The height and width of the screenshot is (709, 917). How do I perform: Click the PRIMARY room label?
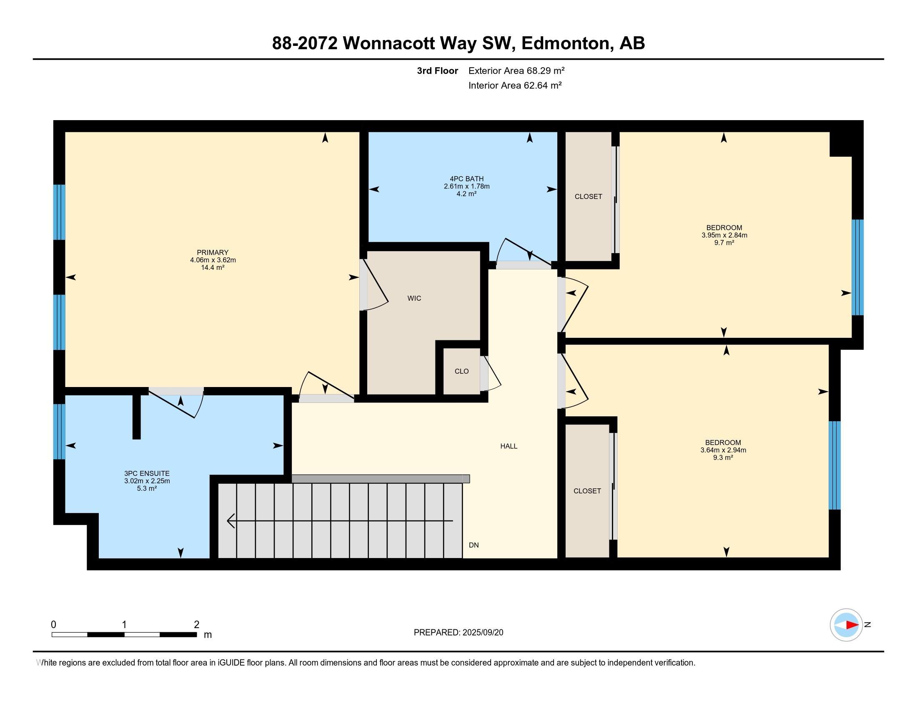point(213,252)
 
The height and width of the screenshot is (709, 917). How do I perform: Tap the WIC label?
point(414,298)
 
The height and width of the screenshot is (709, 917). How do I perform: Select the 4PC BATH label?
point(466,179)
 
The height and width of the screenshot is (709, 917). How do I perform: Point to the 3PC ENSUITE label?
point(147,473)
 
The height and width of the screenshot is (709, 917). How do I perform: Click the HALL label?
point(509,446)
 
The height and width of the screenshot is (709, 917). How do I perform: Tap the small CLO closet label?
point(461,371)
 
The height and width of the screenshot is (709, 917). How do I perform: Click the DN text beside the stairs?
point(474,545)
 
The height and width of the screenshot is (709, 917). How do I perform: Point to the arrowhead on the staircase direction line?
point(231,521)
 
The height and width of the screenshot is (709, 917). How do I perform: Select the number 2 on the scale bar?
point(196,625)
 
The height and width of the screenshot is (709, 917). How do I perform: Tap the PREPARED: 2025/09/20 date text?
point(458,633)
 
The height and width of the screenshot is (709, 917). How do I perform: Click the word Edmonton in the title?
point(566,43)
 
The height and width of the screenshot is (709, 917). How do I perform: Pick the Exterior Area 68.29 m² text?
point(516,70)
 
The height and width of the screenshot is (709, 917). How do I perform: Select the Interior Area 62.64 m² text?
point(515,85)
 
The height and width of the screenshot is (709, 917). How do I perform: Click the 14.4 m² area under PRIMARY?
point(213,268)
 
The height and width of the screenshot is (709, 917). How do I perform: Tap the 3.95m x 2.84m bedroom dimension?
point(724,235)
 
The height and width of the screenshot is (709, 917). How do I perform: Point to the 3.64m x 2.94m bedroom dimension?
point(723,450)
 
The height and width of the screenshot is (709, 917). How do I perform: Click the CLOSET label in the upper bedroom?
point(588,196)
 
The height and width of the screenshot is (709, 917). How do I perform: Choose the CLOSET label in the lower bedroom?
point(587,491)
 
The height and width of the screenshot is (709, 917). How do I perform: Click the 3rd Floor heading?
point(438,70)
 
